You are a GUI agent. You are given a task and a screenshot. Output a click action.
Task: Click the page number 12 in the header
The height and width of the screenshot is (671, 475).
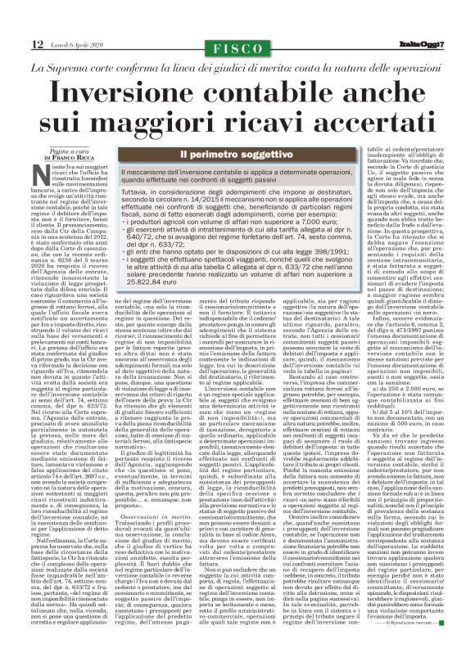pos(38,43)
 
